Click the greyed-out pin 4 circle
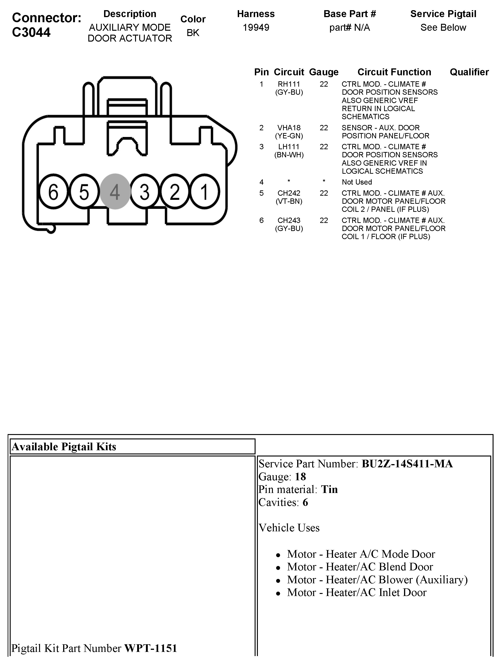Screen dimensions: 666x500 click(115, 192)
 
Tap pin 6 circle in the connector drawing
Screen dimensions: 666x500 click(53, 192)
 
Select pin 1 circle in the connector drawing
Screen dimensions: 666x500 click(205, 192)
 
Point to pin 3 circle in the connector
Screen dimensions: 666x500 click(145, 192)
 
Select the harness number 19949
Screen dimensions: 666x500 click(256, 28)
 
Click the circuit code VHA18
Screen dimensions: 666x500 click(289, 128)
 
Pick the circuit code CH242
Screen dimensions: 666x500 click(289, 193)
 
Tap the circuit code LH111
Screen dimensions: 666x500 click(289, 147)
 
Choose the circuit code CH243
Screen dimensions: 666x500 click(289, 220)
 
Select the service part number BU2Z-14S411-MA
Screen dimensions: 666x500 click(407, 464)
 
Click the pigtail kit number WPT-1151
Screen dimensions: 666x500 click(151, 648)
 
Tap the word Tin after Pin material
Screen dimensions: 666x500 click(329, 490)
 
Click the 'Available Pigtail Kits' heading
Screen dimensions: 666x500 click(64, 447)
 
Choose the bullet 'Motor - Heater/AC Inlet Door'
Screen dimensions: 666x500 click(357, 593)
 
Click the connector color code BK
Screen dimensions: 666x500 click(193, 33)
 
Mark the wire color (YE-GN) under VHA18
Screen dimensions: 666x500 click(289, 136)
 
